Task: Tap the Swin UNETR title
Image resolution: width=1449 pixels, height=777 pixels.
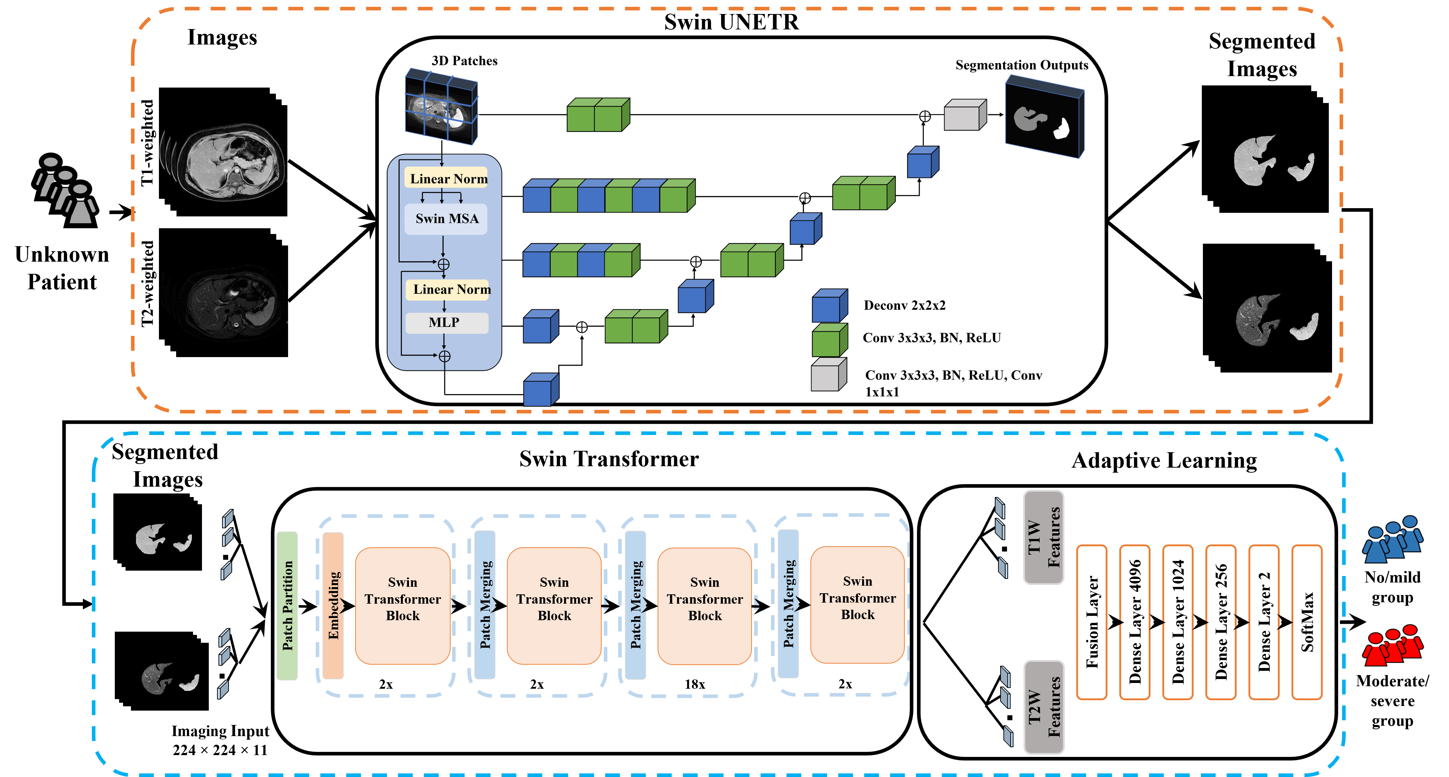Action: (731, 22)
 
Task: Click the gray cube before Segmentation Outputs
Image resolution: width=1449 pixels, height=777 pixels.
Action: (965, 115)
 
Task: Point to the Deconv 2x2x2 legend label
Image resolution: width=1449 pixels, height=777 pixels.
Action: (904, 305)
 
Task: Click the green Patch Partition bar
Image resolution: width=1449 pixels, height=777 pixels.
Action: (287, 605)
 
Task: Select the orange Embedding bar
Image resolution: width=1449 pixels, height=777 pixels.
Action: (333, 605)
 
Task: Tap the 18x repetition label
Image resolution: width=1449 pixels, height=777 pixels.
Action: (695, 684)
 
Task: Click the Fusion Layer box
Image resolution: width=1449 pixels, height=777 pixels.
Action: (1092, 622)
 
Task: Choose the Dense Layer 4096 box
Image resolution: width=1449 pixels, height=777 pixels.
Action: (1135, 622)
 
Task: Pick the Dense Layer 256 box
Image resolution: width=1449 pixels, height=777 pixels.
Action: (1220, 622)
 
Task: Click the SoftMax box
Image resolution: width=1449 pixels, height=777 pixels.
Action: (1307, 622)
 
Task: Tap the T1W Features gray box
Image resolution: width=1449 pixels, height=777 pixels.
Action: (1044, 537)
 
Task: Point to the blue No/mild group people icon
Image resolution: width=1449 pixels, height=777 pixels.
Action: (1393, 539)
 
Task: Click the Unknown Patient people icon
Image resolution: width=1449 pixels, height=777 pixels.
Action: (65, 190)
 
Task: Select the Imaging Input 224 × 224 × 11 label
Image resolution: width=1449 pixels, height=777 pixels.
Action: (220, 740)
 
